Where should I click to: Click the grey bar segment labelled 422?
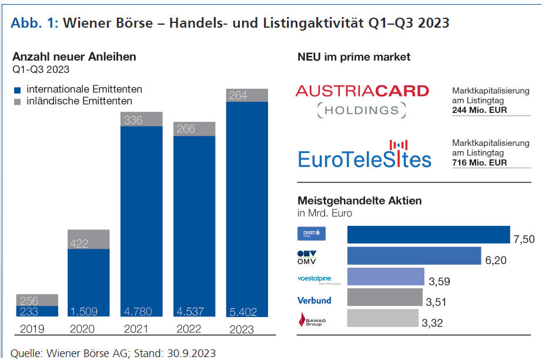pos(88,239)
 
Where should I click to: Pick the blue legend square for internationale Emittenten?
pos(17,90)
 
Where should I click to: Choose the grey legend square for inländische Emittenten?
pos(17,102)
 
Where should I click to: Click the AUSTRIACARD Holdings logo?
pos(362,99)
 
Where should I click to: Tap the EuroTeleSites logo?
pos(364,154)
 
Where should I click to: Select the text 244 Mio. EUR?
pos(480,110)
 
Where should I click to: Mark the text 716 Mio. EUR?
pos(480,163)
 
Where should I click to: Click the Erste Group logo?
pos(312,234)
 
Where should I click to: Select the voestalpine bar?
pos(386,276)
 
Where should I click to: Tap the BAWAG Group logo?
pos(312,320)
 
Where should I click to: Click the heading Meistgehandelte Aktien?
pos(360,201)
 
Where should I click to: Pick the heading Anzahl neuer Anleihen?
pos(74,57)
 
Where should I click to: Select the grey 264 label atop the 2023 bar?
pos(238,95)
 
